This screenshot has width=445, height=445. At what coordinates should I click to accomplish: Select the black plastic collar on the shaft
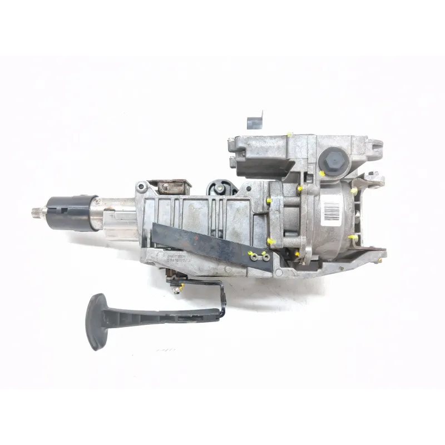(x=71, y=211)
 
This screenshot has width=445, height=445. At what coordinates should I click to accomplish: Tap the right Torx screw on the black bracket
(x=266, y=257)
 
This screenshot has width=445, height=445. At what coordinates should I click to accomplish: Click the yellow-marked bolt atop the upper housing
(x=290, y=135)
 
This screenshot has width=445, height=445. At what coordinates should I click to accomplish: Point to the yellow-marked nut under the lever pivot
(x=181, y=287)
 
